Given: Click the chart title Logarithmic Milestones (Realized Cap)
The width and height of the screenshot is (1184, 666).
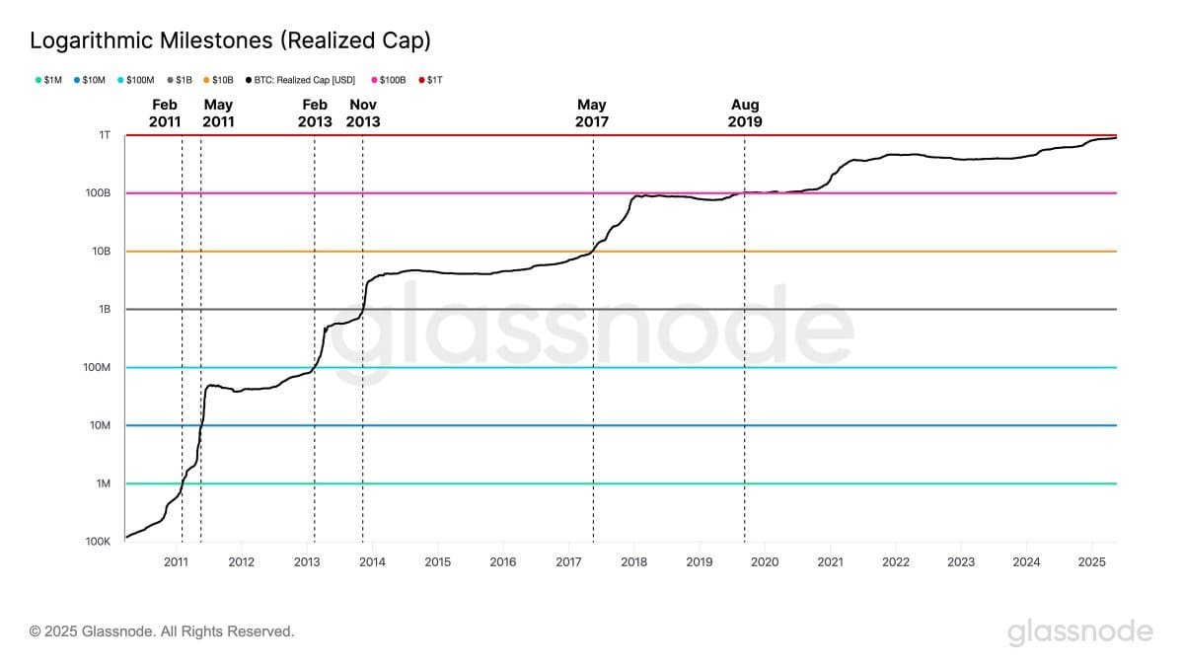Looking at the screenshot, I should pos(230,40).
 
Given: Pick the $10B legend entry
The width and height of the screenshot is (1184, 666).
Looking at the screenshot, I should pos(218,79).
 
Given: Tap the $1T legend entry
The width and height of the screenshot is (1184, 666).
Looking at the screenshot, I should pos(430,79).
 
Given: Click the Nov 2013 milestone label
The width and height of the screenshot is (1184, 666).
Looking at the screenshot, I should pos(363,113).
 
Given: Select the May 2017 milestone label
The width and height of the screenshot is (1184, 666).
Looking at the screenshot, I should pos(592,113).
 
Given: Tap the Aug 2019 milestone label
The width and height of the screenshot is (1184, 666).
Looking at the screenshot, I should pos(745,113).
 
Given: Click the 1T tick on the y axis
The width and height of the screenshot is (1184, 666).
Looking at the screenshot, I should pos(104,135).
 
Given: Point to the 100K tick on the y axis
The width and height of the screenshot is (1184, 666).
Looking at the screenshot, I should pos(97,542).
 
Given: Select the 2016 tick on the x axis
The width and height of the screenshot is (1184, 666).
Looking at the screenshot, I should pos(503,562).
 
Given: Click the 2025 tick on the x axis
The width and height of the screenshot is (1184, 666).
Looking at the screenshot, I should pos(1091,562).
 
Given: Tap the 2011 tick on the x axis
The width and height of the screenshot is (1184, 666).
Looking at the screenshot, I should pos(176,562).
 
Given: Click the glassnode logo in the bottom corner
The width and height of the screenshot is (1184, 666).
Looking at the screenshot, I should pos(1079,631).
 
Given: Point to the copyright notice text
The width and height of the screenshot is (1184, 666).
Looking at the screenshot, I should pos(162,631).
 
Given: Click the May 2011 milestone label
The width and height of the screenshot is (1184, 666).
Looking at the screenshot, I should pos(218,113).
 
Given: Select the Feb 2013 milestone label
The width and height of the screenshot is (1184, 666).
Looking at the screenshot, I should pos(314,113).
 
